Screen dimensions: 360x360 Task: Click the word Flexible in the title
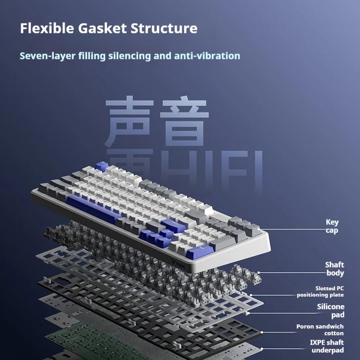(x=47, y=28)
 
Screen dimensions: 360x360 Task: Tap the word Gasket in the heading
(x=102, y=28)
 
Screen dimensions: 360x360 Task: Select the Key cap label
(x=332, y=226)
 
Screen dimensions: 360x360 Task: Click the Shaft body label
(x=335, y=269)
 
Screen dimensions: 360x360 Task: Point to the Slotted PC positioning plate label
(x=320, y=292)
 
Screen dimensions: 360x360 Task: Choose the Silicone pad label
(x=331, y=311)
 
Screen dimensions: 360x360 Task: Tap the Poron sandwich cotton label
(x=320, y=330)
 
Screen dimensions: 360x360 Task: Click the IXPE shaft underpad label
(x=327, y=346)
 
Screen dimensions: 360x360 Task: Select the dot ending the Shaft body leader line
(x=259, y=272)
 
